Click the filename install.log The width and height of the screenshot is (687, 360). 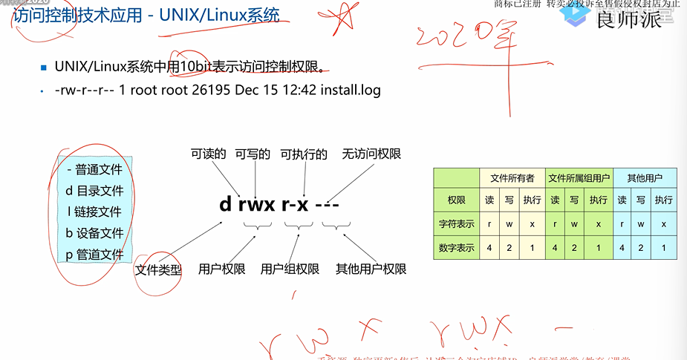(x=351, y=91)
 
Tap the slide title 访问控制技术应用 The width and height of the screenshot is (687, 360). (x=78, y=15)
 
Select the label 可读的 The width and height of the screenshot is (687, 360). (x=208, y=154)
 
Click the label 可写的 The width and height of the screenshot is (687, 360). (x=252, y=154)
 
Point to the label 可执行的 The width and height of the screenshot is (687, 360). (x=304, y=154)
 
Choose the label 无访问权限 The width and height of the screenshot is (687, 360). (x=371, y=154)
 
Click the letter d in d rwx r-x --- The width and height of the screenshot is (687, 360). (x=226, y=204)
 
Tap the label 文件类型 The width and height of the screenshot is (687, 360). (x=158, y=269)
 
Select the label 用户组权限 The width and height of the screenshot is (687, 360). (x=290, y=269)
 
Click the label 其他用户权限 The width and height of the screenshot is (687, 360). (x=371, y=269)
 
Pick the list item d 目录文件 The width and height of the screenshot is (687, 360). (x=94, y=191)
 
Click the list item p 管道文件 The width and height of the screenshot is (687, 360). (x=94, y=255)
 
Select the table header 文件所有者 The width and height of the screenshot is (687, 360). (x=512, y=178)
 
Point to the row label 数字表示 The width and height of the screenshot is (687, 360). (x=456, y=248)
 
